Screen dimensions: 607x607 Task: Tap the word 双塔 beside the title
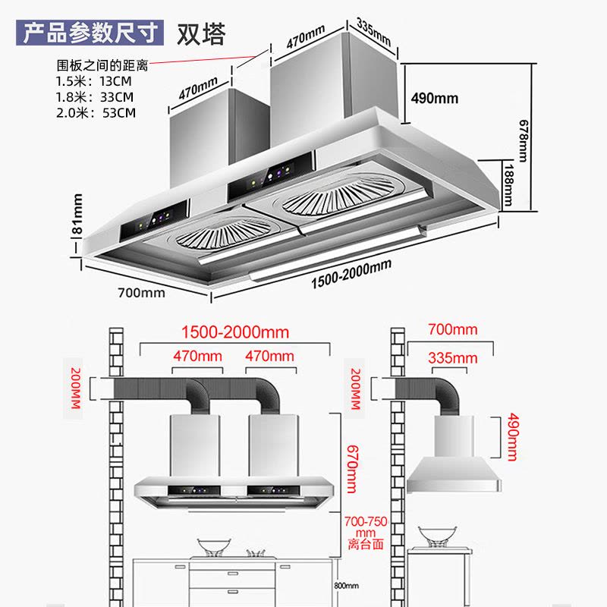(201, 34)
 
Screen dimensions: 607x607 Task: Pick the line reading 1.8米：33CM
(94, 97)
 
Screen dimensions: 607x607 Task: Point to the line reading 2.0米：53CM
(96, 113)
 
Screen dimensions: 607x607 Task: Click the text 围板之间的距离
(102, 66)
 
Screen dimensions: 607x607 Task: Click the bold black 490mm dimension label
(434, 98)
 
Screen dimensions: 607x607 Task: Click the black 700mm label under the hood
(140, 292)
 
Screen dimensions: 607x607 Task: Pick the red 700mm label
(453, 329)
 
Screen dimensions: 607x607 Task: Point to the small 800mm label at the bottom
(346, 586)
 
